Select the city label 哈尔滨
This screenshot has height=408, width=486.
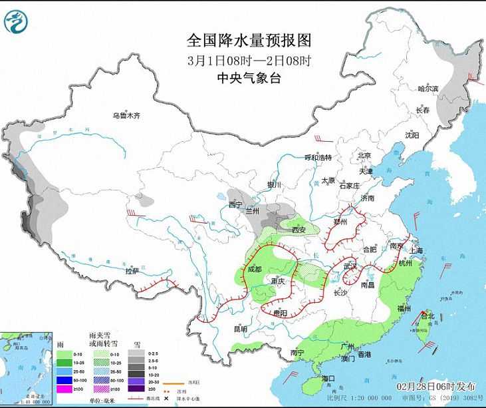pyautogui.click(x=427, y=89)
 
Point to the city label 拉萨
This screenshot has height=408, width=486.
pyautogui.click(x=132, y=271)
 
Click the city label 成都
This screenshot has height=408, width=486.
pyautogui.click(x=254, y=270)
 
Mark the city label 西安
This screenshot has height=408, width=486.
pyautogui.click(x=297, y=230)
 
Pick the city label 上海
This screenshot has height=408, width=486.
pyautogui.click(x=418, y=250)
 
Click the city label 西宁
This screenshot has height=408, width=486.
pyautogui.click(x=235, y=204)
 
